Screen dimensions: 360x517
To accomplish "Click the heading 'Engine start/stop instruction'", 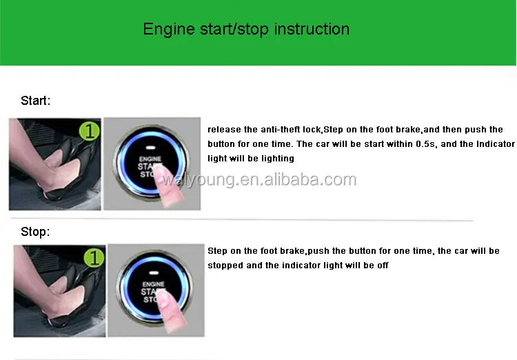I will pyautogui.click(x=246, y=29).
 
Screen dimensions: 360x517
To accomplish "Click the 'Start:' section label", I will pyautogui.click(x=35, y=101).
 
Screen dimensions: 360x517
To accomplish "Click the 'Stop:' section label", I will pyautogui.click(x=35, y=232).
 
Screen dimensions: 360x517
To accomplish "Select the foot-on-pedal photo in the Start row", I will pyautogui.click(x=54, y=164).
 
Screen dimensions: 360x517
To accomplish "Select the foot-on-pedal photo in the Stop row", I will pyautogui.click(x=59, y=290).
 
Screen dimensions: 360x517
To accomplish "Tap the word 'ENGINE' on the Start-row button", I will pyautogui.click(x=152, y=158).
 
